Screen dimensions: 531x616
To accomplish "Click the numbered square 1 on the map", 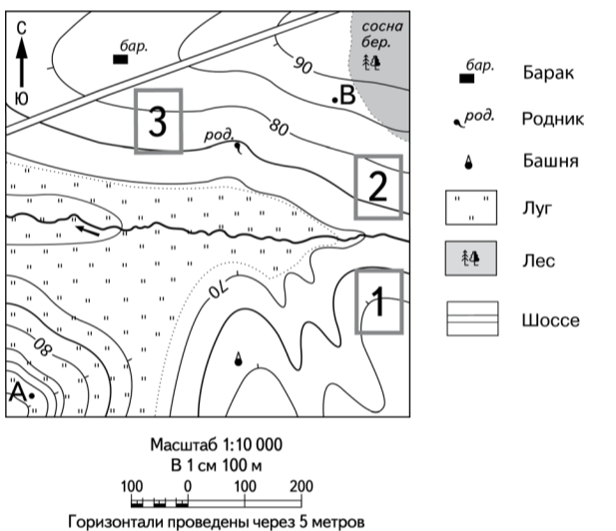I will (x=379, y=300).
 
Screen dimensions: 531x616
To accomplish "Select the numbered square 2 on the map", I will (x=377, y=187).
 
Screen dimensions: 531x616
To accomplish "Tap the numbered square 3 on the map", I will (x=159, y=121).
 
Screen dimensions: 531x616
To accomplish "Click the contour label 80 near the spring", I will (x=279, y=127).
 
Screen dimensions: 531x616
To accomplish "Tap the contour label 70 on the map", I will (x=218, y=290).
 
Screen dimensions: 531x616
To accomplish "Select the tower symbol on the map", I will (x=238, y=359).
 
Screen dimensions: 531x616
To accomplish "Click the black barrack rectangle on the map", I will (x=120, y=60).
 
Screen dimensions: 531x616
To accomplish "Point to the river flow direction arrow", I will (x=89, y=229).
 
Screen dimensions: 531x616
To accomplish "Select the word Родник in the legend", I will (x=552, y=118).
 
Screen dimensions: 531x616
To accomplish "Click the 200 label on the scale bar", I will (x=300, y=486).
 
